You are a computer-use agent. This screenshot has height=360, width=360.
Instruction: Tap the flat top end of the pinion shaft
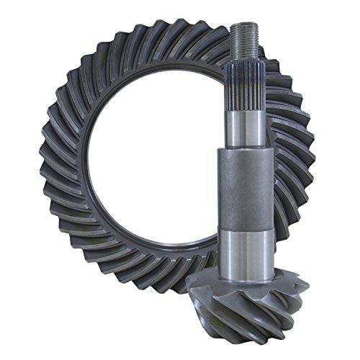point(244,26)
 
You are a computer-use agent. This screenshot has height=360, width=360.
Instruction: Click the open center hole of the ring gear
point(158,166)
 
